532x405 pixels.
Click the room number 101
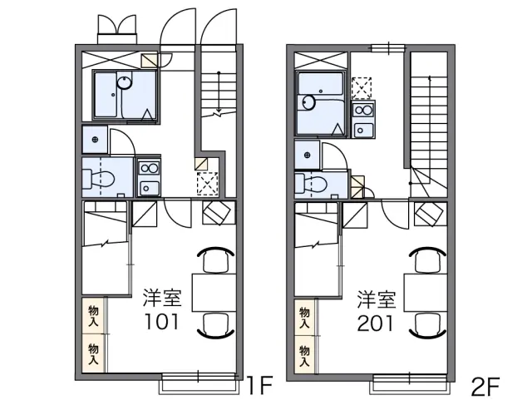click(x=161, y=322)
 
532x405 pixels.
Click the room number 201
click(x=375, y=324)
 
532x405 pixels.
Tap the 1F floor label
click(x=259, y=385)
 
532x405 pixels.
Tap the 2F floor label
click(x=486, y=387)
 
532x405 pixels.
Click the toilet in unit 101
click(x=98, y=179)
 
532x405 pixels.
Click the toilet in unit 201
click(x=311, y=184)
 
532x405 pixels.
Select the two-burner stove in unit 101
click(x=149, y=168)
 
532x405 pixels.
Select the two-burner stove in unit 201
click(x=363, y=110)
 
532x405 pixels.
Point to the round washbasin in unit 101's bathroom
click(x=125, y=82)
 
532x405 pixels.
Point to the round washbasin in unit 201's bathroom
click(x=309, y=102)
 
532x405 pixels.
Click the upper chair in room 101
click(x=215, y=259)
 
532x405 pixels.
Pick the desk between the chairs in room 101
click(x=214, y=292)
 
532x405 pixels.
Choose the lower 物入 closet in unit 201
click(x=305, y=355)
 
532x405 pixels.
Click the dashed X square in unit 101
click(x=207, y=184)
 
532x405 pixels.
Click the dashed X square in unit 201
click(x=362, y=88)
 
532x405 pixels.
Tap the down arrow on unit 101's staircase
click(x=219, y=92)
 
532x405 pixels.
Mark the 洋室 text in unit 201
click(x=377, y=299)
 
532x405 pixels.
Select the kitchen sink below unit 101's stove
click(x=149, y=188)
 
